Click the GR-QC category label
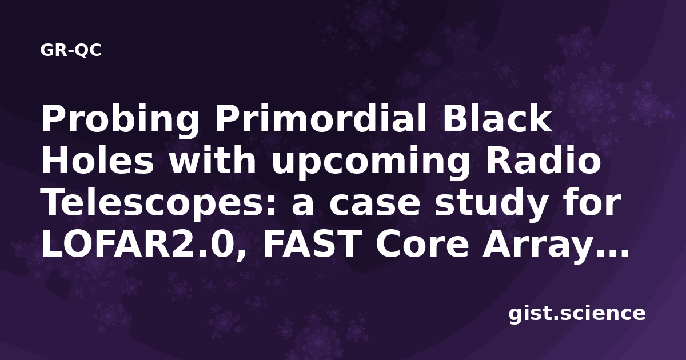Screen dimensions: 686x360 click(x=71, y=50)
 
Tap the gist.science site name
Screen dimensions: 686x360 click(x=577, y=314)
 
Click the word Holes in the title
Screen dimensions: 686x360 click(x=98, y=161)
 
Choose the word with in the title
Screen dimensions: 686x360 click(x=213, y=161)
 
